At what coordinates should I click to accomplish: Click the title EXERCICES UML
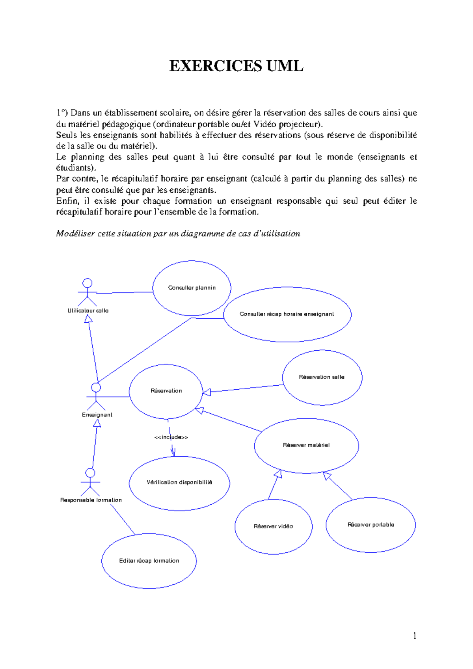pos(236,66)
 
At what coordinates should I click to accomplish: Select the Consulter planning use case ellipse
pos(192,288)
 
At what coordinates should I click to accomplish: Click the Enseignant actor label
pos(97,414)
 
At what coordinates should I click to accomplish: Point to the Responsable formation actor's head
pos(90,472)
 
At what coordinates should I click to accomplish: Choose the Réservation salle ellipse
pos(322,377)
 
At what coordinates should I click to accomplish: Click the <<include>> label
pos(171,437)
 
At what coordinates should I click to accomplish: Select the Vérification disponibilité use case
pos(179,483)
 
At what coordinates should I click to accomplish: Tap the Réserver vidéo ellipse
pos(273,526)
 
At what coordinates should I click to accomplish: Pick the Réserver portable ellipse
pos(371,525)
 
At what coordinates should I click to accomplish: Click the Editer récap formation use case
pos(149,561)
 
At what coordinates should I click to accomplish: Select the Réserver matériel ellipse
pos(306,445)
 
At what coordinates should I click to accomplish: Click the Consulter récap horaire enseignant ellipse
pos(287,314)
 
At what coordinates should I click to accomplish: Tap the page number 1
pos(414,635)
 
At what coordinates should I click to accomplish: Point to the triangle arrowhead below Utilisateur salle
pos(89,319)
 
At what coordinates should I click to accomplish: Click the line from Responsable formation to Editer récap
pos(123,519)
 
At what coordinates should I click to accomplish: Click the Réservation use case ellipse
pos(166,391)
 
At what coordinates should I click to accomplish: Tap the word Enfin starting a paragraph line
pos(67,201)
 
